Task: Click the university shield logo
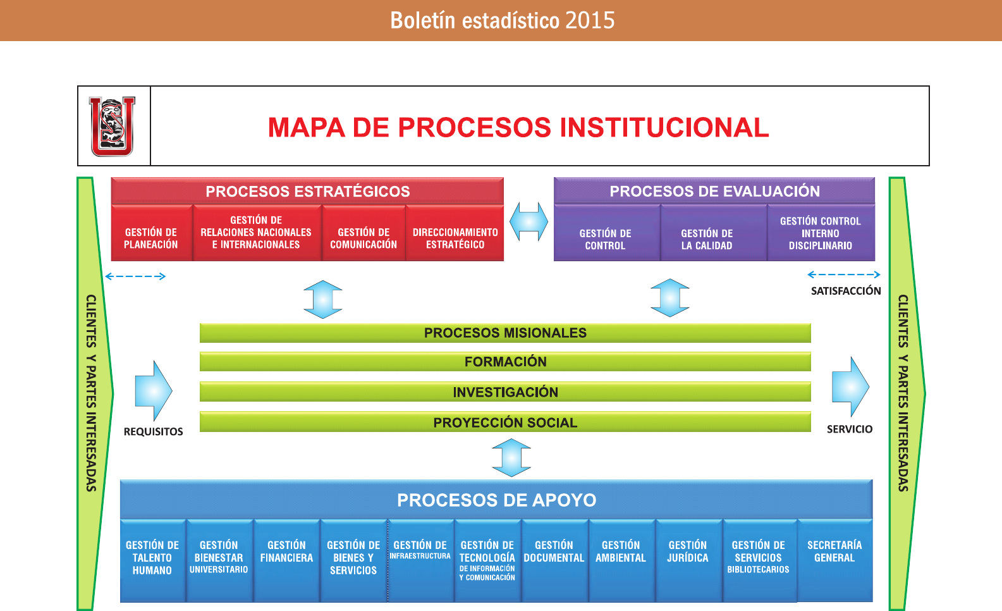pyautogui.click(x=113, y=127)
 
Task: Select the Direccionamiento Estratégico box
pyautogui.click(x=455, y=233)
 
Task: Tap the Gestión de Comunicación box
pyautogui.click(x=364, y=233)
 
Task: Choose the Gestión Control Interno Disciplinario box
pyautogui.click(x=821, y=233)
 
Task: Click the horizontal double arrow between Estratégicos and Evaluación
pyautogui.click(x=528, y=221)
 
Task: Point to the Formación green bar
pyautogui.click(x=505, y=362)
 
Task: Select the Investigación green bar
pyautogui.click(x=505, y=392)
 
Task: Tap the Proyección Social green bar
pyautogui.click(x=505, y=422)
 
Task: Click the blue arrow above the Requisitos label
pyautogui.click(x=154, y=391)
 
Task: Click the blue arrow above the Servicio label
pyautogui.click(x=850, y=386)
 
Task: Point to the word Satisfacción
pyautogui.click(x=846, y=291)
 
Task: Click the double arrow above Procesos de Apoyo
pyautogui.click(x=511, y=457)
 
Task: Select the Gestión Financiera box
pyautogui.click(x=287, y=560)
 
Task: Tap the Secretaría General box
pyautogui.click(x=834, y=560)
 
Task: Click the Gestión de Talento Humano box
pyautogui.click(x=152, y=560)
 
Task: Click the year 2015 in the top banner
pyautogui.click(x=590, y=21)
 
